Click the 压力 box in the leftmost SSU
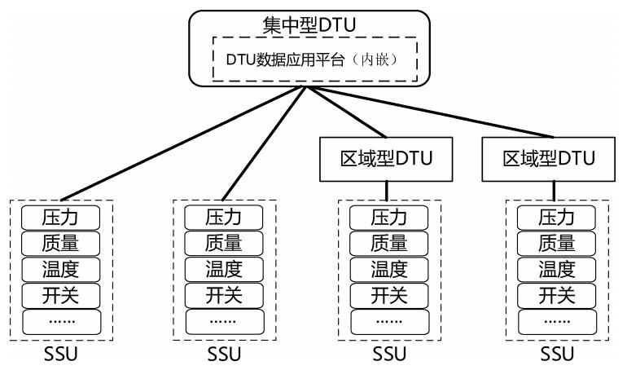pos(60,218)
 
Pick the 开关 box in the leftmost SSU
pos(60,294)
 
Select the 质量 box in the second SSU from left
pos(225,243)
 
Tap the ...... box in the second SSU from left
pos(225,320)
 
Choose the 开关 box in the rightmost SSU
pos(557,294)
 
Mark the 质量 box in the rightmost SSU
pos(557,243)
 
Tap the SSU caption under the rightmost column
pos(556,355)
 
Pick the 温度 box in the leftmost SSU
pos(60,268)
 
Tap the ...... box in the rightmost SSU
pos(557,320)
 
